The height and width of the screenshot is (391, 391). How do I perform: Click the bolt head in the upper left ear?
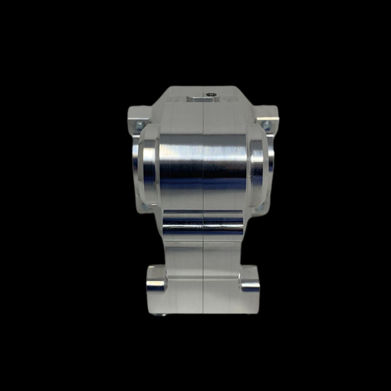(139, 126)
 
